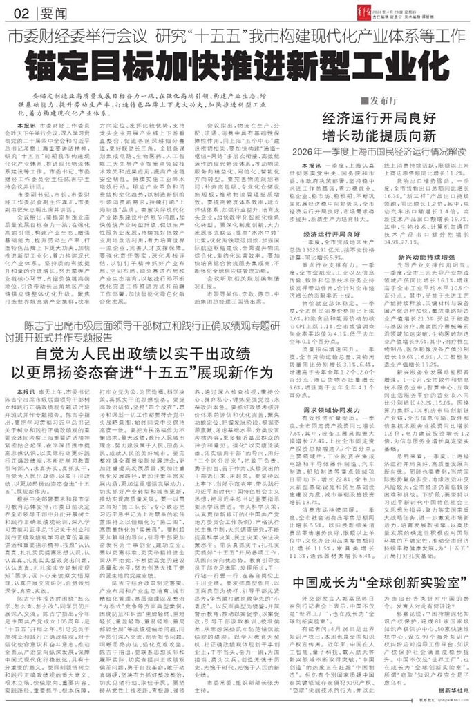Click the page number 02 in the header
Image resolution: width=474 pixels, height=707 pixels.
coord(19,14)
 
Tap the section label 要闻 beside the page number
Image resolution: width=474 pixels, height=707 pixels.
coord(49,14)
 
